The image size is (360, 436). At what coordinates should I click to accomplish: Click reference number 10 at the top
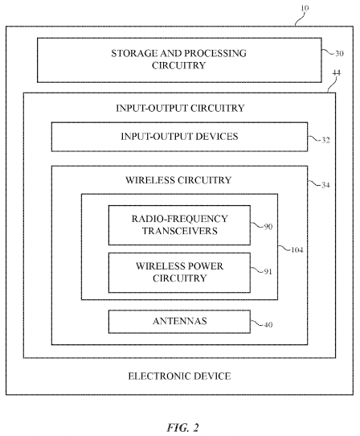tap(305, 8)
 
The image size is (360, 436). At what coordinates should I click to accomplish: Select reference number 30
tap(339, 53)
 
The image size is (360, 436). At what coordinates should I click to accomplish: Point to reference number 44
tap(336, 73)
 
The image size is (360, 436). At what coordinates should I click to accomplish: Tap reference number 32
tap(325, 140)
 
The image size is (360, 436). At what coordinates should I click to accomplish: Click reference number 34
tap(325, 185)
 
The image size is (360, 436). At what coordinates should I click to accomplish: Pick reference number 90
tap(268, 227)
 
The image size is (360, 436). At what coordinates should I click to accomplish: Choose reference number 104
tap(297, 250)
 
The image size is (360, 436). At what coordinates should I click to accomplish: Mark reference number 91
tap(268, 271)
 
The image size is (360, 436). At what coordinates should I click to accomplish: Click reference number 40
tap(268, 324)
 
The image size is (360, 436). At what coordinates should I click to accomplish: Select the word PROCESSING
tap(215, 53)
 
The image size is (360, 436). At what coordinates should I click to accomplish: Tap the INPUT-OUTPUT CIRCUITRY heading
tap(180, 108)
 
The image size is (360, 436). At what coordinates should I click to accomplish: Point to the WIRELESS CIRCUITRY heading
tap(178, 180)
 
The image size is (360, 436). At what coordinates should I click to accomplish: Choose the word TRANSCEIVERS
tap(180, 231)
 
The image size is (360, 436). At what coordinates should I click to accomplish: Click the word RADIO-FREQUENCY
tap(180, 219)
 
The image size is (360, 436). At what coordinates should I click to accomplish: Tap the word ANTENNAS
tap(180, 321)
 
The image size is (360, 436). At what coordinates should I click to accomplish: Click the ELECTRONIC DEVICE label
tap(179, 376)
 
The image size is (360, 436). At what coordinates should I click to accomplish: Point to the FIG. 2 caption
tap(182, 427)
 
